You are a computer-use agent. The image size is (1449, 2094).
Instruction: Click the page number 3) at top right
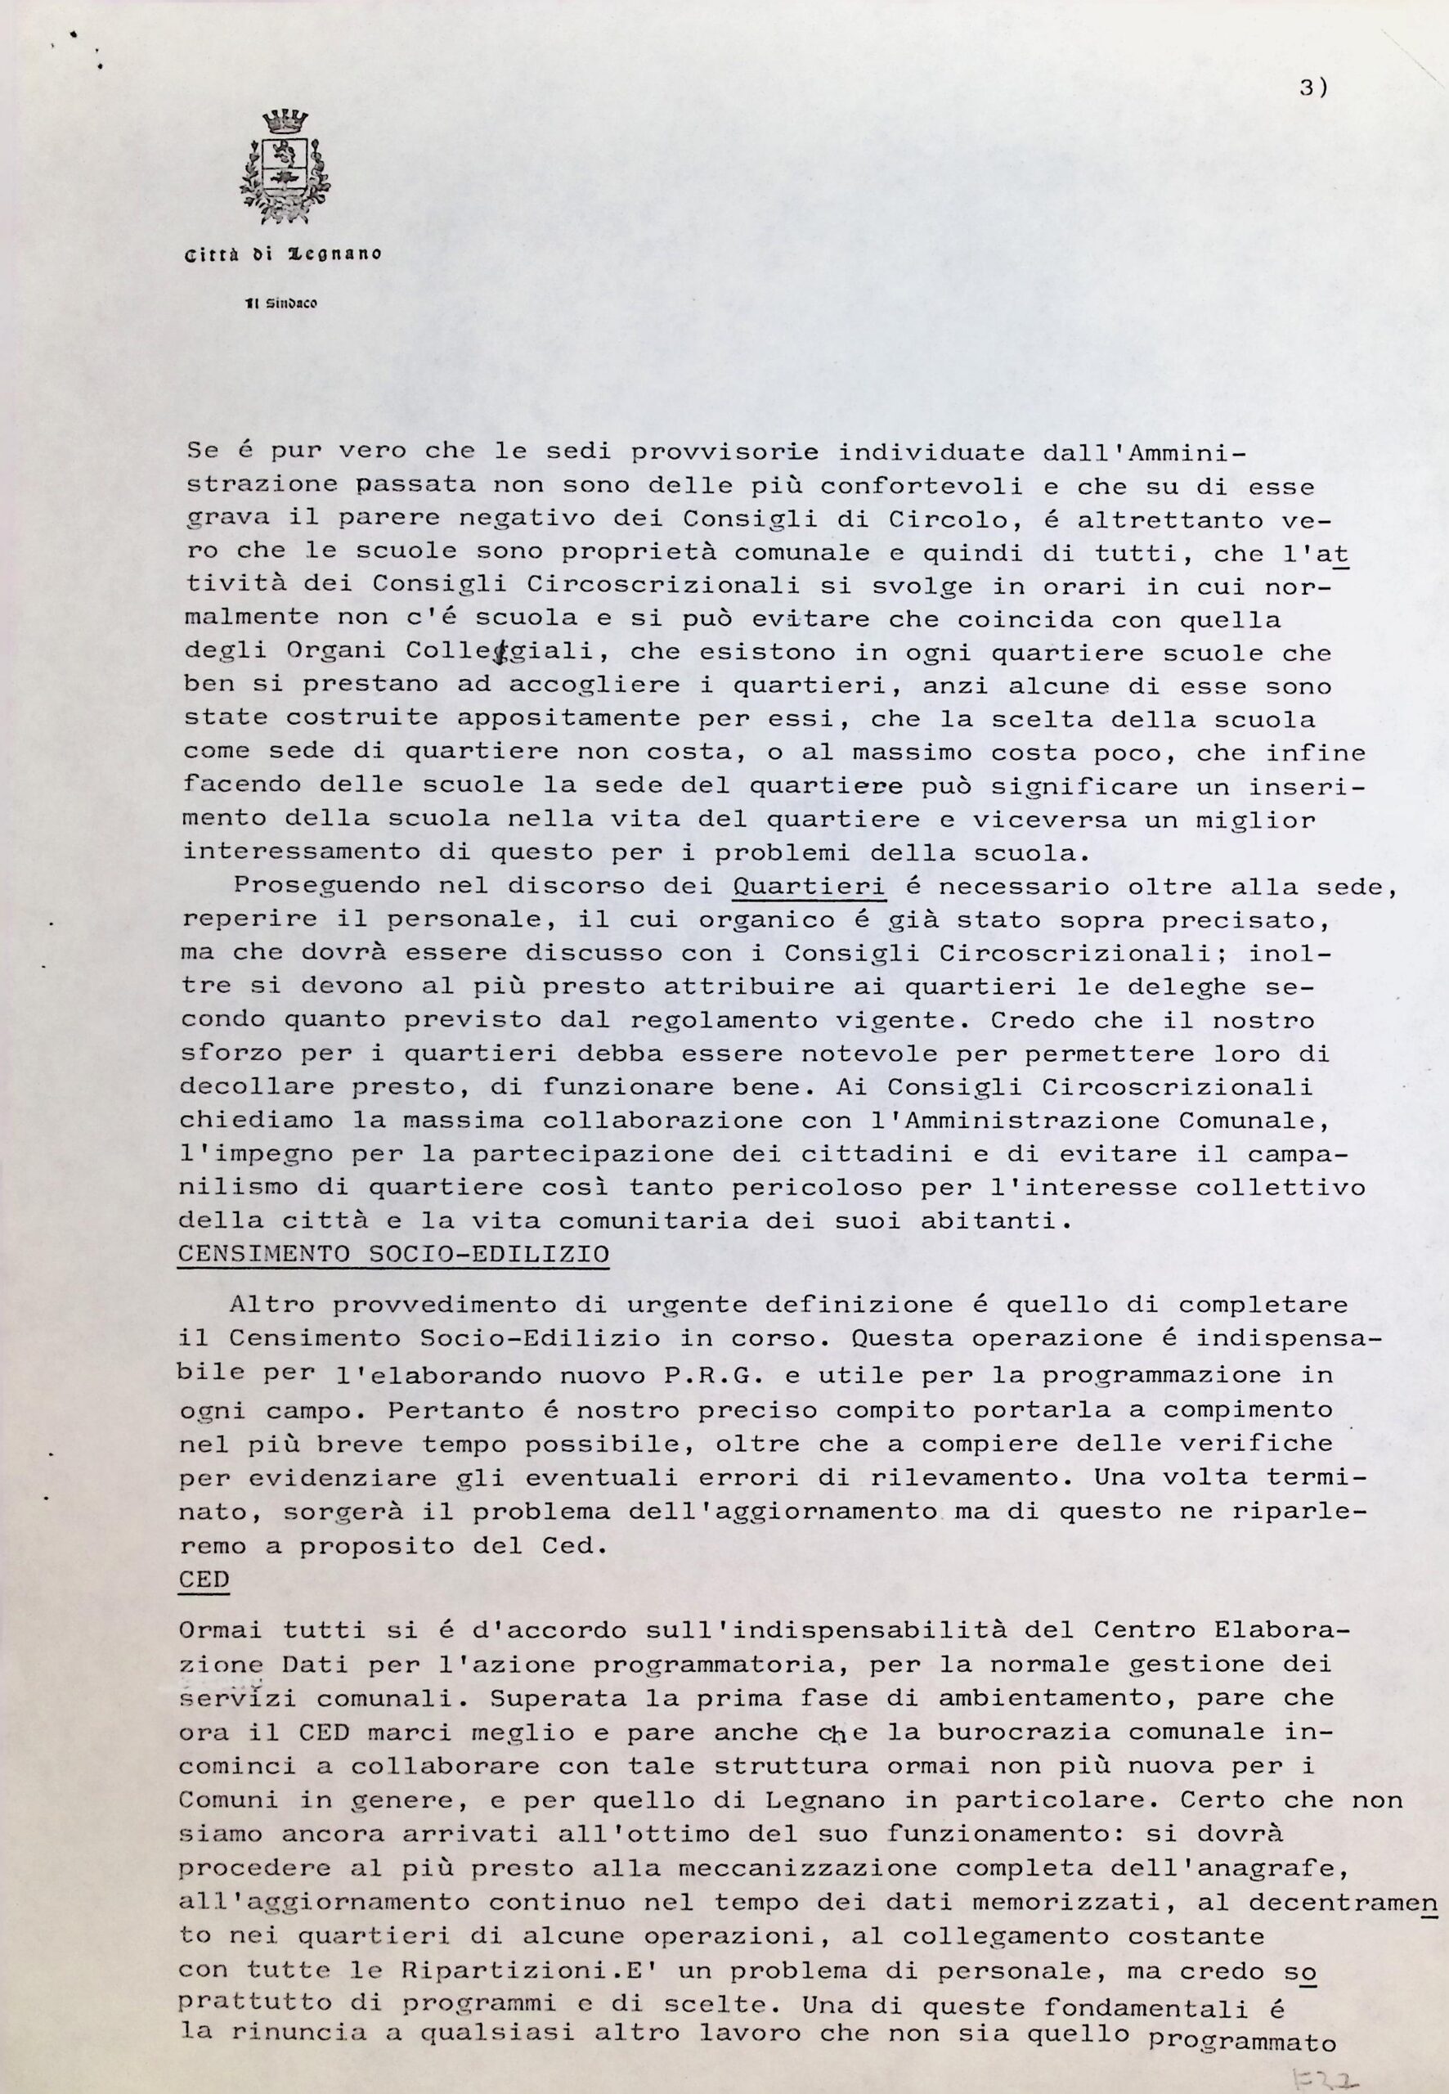coord(1312,88)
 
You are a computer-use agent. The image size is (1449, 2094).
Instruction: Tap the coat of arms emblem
coord(285,167)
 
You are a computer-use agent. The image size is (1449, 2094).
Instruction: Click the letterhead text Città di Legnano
coord(283,255)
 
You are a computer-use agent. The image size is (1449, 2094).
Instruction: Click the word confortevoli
coord(921,486)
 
